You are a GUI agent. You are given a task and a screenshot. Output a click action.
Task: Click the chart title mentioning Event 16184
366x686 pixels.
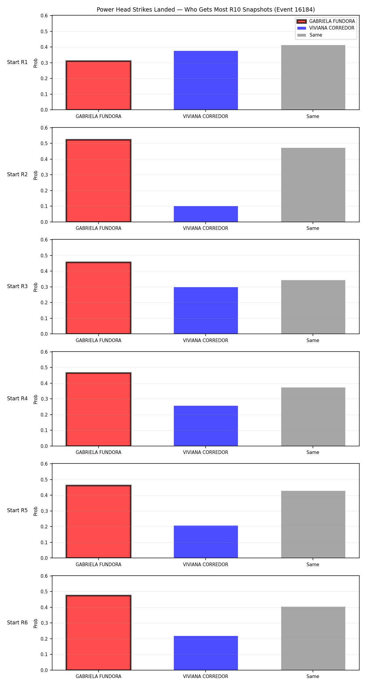click(206, 9)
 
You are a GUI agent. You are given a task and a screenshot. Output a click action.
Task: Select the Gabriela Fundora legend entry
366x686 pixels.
click(326, 21)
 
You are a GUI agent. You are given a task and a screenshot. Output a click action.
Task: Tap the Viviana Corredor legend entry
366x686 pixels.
click(326, 28)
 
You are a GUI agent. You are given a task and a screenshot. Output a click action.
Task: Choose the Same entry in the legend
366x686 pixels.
click(310, 35)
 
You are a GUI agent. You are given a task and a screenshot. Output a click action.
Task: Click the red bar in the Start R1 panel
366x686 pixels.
click(99, 85)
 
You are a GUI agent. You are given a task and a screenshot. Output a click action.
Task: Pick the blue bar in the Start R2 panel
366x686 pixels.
click(206, 214)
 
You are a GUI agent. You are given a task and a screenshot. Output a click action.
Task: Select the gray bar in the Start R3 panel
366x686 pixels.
click(313, 307)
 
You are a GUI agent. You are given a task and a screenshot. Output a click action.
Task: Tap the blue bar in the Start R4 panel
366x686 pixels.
click(206, 426)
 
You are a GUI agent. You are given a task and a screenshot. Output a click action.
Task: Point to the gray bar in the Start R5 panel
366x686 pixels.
click(313, 524)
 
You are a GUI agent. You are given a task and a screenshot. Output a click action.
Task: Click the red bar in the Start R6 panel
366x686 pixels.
click(99, 633)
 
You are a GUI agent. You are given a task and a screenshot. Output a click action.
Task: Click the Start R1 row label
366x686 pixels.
click(17, 62)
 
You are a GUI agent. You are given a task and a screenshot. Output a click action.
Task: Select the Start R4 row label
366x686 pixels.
click(17, 398)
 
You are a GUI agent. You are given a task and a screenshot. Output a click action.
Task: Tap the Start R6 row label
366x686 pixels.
click(17, 623)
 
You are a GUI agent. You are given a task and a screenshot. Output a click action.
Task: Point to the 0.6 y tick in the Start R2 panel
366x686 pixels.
click(45, 128)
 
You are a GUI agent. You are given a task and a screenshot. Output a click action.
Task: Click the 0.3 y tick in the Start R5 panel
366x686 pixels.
click(45, 511)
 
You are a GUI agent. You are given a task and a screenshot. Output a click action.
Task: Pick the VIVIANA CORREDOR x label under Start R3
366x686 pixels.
click(206, 341)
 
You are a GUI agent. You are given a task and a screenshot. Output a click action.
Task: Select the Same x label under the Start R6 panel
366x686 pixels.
click(313, 677)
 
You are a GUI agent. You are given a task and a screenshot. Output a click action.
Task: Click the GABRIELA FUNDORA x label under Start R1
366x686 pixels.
click(99, 116)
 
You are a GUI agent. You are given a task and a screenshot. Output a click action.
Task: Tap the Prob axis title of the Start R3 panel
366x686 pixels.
click(36, 287)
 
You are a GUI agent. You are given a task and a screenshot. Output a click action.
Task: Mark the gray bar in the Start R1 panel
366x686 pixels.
click(313, 77)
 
